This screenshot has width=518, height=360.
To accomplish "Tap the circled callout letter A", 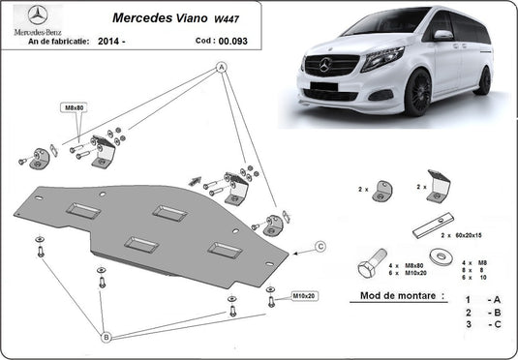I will (221, 67).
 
